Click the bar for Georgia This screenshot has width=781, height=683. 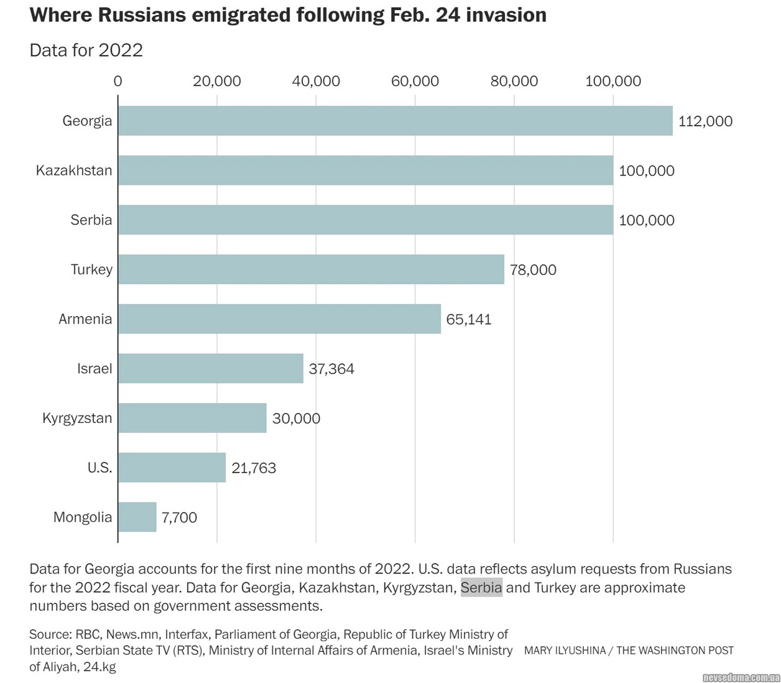click(395, 121)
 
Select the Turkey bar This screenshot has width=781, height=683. click(311, 269)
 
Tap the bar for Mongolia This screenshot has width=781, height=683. click(137, 517)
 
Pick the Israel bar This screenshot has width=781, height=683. click(211, 368)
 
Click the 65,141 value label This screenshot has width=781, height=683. click(469, 320)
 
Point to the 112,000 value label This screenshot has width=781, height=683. click(705, 121)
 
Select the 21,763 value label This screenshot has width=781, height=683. click(254, 468)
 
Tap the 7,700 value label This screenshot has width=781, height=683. click(179, 518)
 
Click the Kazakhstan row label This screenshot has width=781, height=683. click(74, 170)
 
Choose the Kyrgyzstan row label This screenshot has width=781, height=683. click(77, 418)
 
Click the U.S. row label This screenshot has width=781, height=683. click(99, 468)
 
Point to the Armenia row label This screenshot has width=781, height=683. click(85, 319)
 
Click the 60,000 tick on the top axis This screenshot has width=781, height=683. click(415, 81)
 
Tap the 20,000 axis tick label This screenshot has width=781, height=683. click(216, 81)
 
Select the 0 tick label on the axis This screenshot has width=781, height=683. click(118, 81)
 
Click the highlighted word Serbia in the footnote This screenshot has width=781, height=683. click(481, 588)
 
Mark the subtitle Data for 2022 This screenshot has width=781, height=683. click(86, 50)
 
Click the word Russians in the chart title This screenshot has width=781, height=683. click(136, 15)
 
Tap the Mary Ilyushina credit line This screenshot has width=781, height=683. click(629, 651)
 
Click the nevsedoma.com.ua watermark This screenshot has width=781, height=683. click(741, 677)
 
